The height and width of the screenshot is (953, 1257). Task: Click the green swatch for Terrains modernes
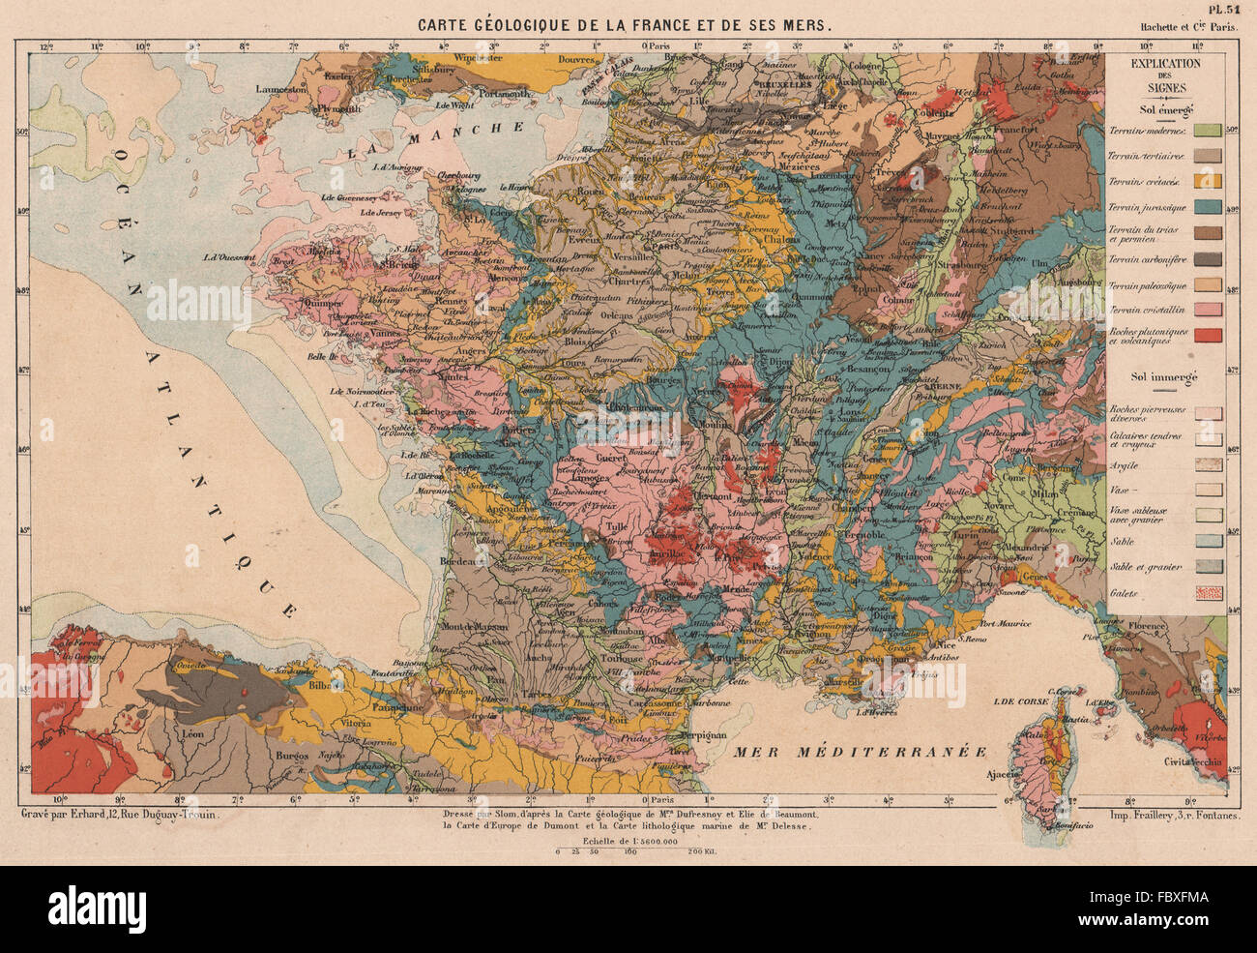point(1208,130)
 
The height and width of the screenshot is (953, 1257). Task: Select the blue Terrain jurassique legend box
point(1208,207)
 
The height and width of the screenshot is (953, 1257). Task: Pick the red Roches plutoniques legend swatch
point(1208,336)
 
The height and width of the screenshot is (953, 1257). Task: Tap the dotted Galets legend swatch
point(1208,592)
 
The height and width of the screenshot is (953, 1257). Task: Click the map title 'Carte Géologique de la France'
point(623,26)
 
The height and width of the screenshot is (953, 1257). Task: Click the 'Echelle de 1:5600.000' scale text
point(625,841)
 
